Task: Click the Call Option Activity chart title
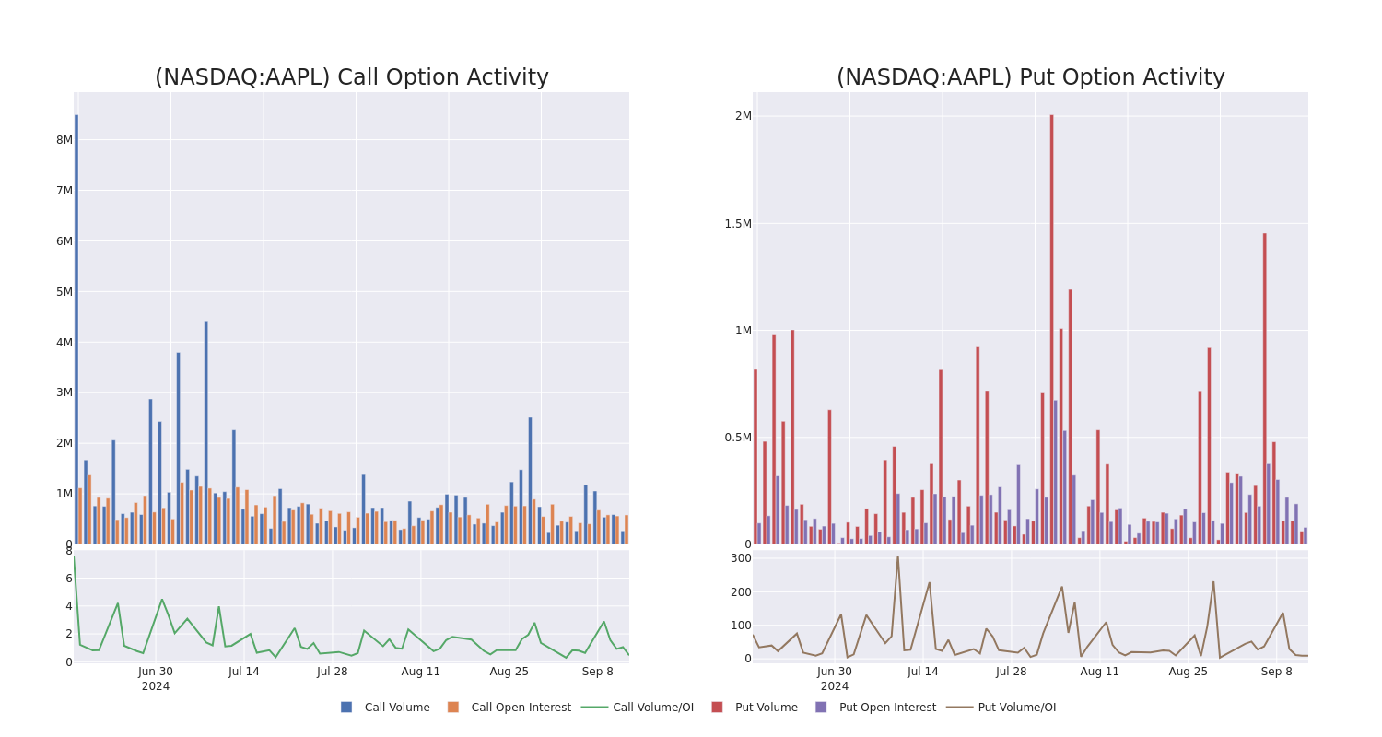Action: coord(351,77)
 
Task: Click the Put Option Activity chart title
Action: coord(1030,77)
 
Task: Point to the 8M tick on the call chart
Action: coord(64,140)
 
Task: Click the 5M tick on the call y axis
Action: coord(64,292)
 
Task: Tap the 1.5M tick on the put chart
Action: coord(737,224)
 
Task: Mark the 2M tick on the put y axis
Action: coord(743,116)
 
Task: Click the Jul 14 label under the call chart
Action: coord(244,672)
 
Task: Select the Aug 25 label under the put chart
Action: coord(1188,672)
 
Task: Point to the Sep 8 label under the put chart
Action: coord(1276,672)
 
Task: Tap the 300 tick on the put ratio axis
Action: coord(741,558)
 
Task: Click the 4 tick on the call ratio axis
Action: coord(68,606)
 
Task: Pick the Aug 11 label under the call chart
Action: coord(420,672)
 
